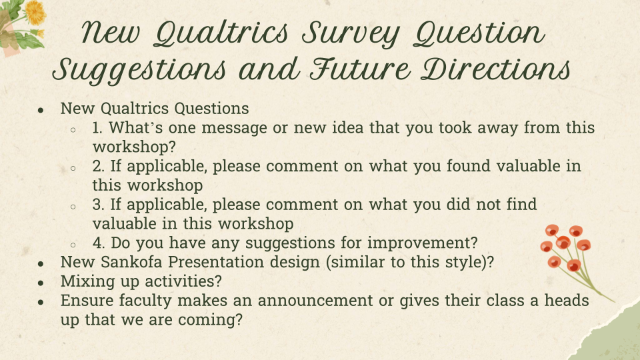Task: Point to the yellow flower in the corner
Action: point(35,11)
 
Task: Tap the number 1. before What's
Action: point(98,127)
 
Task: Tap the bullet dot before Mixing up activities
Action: point(42,283)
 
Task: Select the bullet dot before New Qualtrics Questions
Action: point(42,109)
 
